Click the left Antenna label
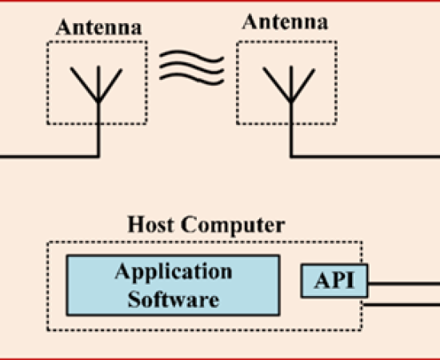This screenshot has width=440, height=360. click(98, 27)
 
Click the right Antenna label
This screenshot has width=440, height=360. click(285, 22)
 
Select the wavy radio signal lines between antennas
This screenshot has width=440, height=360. click(192, 68)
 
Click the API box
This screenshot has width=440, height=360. click(334, 281)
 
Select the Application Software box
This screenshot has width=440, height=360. click(173, 286)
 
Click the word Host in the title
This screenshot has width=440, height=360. click(150, 225)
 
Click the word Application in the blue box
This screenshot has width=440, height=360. click(174, 272)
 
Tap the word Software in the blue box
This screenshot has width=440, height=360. click(174, 299)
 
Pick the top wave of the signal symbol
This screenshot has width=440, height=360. click(192, 56)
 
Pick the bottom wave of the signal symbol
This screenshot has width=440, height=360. click(192, 79)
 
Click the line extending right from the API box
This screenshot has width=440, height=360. click(404, 284)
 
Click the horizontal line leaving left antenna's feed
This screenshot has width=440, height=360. click(49, 156)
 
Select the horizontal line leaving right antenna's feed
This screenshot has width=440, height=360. click(365, 156)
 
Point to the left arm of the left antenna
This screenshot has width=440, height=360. click(84, 84)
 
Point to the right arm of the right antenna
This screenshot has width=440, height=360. click(303, 85)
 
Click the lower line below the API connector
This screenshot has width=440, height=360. click(402, 305)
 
